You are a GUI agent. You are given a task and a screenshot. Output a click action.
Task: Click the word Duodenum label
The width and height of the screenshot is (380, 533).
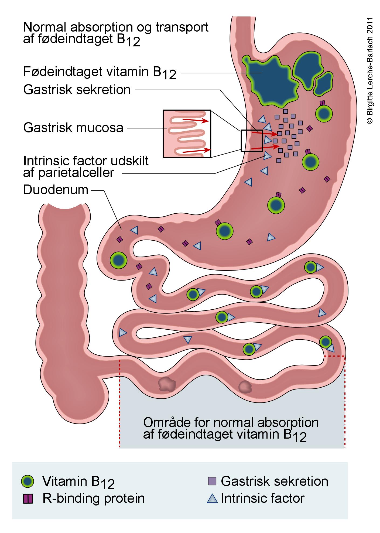click(56, 190)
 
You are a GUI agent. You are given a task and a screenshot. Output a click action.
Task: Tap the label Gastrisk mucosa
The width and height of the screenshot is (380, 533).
click(73, 128)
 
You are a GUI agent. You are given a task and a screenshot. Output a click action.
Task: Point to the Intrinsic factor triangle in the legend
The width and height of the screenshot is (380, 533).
click(212, 498)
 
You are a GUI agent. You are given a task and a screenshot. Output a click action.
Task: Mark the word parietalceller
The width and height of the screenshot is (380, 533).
click(69, 173)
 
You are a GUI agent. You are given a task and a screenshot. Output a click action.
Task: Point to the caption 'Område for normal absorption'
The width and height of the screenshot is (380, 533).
click(231, 422)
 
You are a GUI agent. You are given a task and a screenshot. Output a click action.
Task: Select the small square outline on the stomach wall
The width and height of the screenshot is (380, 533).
click(252, 141)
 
